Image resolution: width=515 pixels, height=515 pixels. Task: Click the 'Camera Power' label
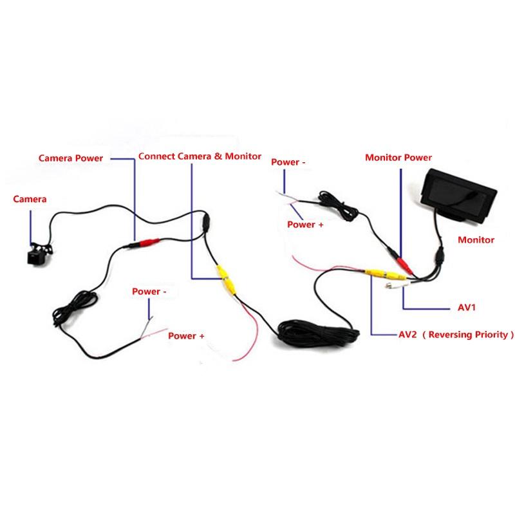coord(70,158)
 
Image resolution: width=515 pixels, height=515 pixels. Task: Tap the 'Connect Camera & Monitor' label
coord(200,156)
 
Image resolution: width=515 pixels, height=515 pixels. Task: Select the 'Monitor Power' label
coord(398,157)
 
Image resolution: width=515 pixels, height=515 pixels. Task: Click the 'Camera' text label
coord(30,199)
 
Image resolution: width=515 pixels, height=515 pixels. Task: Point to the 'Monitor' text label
coord(476,239)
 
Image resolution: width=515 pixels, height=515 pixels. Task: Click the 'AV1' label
coord(466,308)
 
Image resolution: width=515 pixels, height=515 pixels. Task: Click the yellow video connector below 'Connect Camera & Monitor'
coord(226,279)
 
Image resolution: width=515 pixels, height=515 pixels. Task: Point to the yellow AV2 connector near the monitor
coord(375,272)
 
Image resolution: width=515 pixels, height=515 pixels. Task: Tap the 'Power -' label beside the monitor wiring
coord(288,162)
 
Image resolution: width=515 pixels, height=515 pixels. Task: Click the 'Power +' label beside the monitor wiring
coord(305,224)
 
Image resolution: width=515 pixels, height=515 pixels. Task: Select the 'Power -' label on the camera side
coord(149,291)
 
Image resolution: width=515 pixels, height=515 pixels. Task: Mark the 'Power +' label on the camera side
coord(186,335)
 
